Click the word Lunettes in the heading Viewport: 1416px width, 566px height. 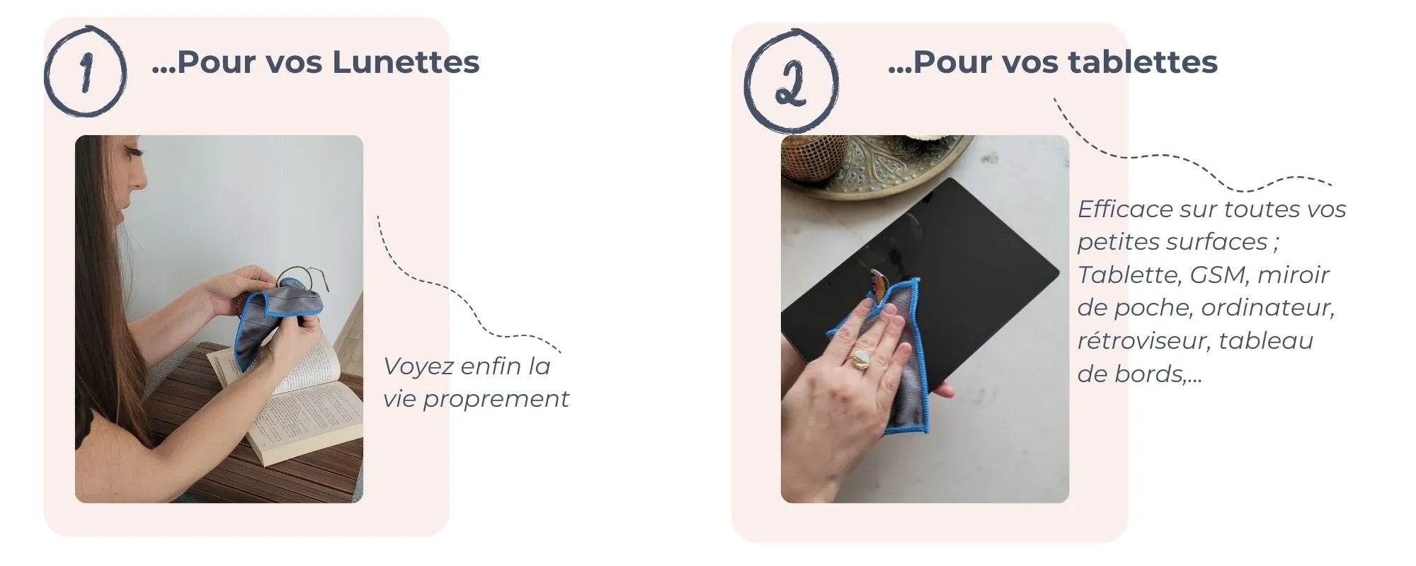point(406,62)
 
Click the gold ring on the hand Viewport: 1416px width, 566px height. point(861,360)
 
